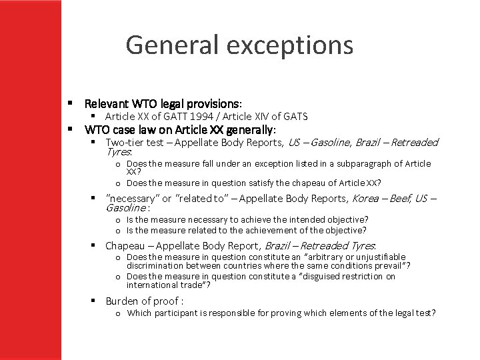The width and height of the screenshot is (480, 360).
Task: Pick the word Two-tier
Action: click(127, 142)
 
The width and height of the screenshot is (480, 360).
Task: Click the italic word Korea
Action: click(365, 198)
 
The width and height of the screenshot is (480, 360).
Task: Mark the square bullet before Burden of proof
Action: click(95, 301)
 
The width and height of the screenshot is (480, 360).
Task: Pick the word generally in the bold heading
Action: click(251, 129)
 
